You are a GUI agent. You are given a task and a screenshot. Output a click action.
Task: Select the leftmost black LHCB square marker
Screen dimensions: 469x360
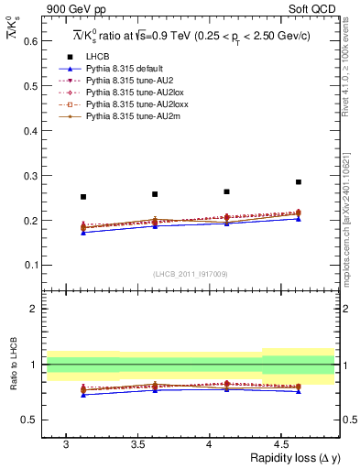[x=83, y=197]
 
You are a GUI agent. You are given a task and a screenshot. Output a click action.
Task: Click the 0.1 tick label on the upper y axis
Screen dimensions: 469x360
[x=31, y=266]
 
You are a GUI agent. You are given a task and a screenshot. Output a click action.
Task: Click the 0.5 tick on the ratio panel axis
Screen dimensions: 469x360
[x=31, y=420]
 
